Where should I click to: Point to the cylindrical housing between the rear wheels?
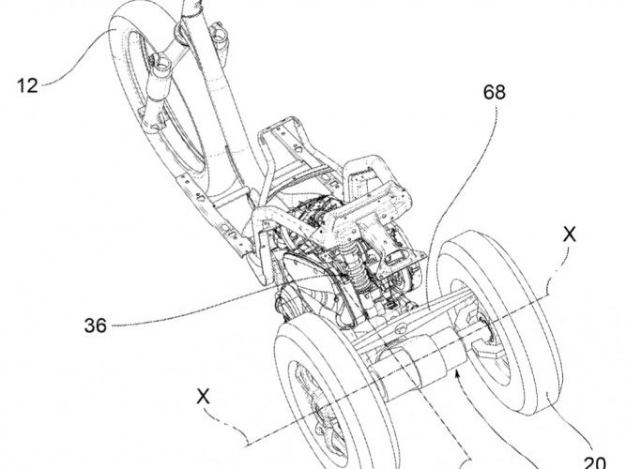pos(413,361)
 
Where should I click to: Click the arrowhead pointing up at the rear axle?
pos(457,375)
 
